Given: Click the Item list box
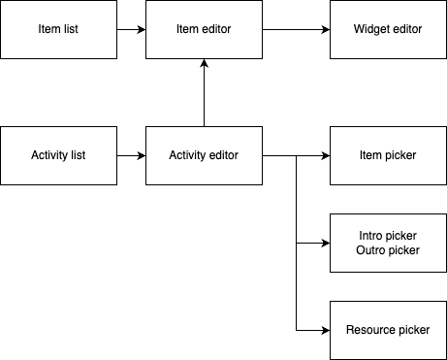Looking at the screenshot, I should pos(58,29).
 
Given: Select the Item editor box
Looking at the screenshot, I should pos(204,29).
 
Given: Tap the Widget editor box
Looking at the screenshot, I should pos(388,29).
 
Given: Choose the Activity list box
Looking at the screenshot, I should pos(58,155).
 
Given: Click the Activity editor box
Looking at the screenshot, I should pos(204,155).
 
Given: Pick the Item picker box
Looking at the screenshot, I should pos(388,155).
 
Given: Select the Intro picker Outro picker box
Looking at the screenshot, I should pos(388,243).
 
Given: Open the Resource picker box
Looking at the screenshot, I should pos(388,330).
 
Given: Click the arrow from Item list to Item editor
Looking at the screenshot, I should pos(131,29).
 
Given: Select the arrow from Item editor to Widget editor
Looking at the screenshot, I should pos(296,29).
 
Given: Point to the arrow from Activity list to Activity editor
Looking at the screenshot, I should pos(131,155).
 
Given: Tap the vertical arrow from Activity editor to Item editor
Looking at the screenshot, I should pos(204,92).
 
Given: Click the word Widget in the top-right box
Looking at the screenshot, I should pos(372,29).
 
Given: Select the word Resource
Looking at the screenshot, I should pos(371,330).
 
